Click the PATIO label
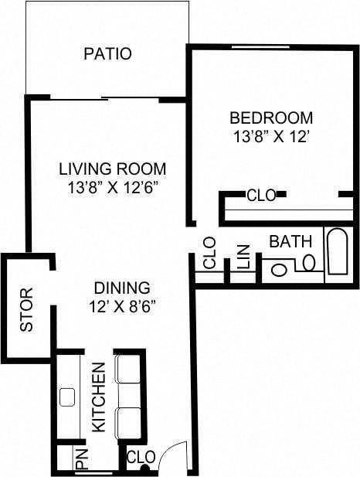point(107,54)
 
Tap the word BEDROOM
point(271,118)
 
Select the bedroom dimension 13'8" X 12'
point(271,136)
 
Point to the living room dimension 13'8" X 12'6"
point(114,187)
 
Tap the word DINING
point(117,288)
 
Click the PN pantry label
point(83,459)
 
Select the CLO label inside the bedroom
point(261,196)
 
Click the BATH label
point(290,242)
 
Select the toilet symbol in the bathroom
point(278,268)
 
